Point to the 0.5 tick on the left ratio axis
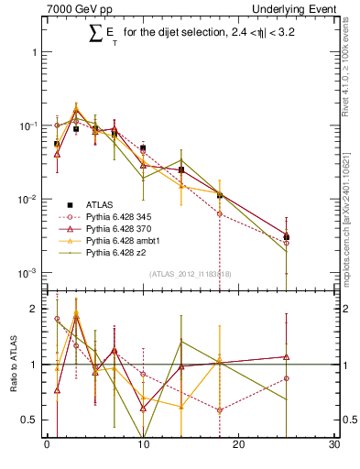point(35,420)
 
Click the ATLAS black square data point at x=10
point(142,147)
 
